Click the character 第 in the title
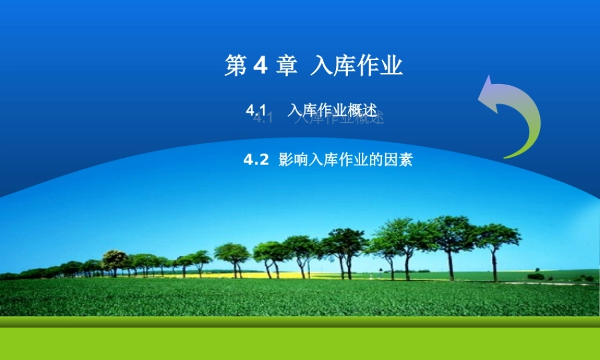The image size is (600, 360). (236, 67)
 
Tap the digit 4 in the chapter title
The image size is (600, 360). (260, 67)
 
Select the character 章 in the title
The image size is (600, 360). (287, 67)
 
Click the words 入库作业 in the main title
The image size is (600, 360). (356, 67)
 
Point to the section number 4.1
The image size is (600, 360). (256, 110)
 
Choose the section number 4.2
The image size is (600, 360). (256, 160)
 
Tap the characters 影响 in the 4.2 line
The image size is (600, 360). (292, 160)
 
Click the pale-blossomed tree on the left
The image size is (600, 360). (114, 259)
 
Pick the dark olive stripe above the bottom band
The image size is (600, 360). (300, 322)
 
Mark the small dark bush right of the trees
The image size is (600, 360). (536, 276)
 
